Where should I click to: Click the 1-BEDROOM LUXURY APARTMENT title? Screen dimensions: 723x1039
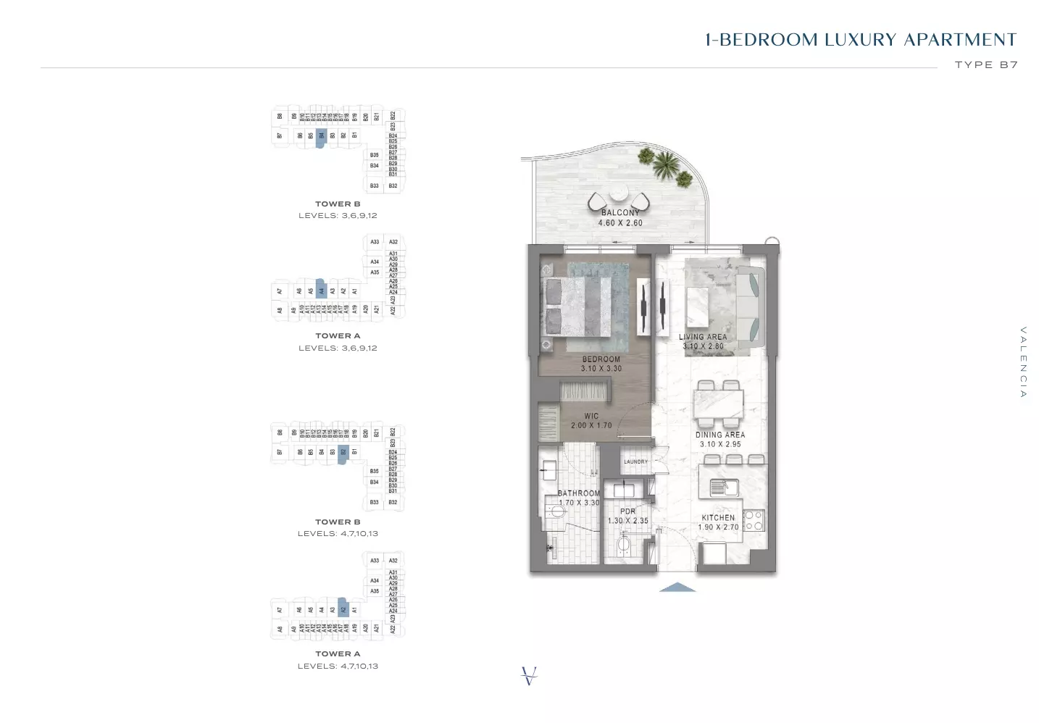point(861,40)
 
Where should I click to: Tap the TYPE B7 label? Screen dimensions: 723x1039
point(986,64)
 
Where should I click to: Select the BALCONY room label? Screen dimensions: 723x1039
point(620,212)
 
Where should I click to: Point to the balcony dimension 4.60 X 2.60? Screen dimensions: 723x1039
point(620,223)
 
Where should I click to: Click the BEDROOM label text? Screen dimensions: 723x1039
point(601,359)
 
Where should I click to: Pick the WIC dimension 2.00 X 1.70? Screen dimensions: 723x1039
point(591,425)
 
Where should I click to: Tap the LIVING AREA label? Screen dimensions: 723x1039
point(703,337)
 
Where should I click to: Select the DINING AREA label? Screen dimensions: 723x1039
point(720,435)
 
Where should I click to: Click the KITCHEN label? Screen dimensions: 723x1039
point(718,517)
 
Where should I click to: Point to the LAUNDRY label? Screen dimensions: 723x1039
point(636,461)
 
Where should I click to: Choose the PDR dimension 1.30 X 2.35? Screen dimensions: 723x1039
point(627,521)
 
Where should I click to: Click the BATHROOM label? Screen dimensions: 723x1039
point(579,493)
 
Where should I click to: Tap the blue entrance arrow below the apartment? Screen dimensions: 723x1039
point(677,588)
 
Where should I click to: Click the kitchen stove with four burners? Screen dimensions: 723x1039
point(754,520)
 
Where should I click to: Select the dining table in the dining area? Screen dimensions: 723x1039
point(719,404)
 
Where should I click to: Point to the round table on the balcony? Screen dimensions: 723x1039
point(618,194)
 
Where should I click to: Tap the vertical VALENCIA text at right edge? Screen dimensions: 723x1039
point(1023,361)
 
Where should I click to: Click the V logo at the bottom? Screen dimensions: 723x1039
point(530,675)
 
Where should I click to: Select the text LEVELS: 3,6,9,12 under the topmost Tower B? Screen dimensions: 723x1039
point(338,215)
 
